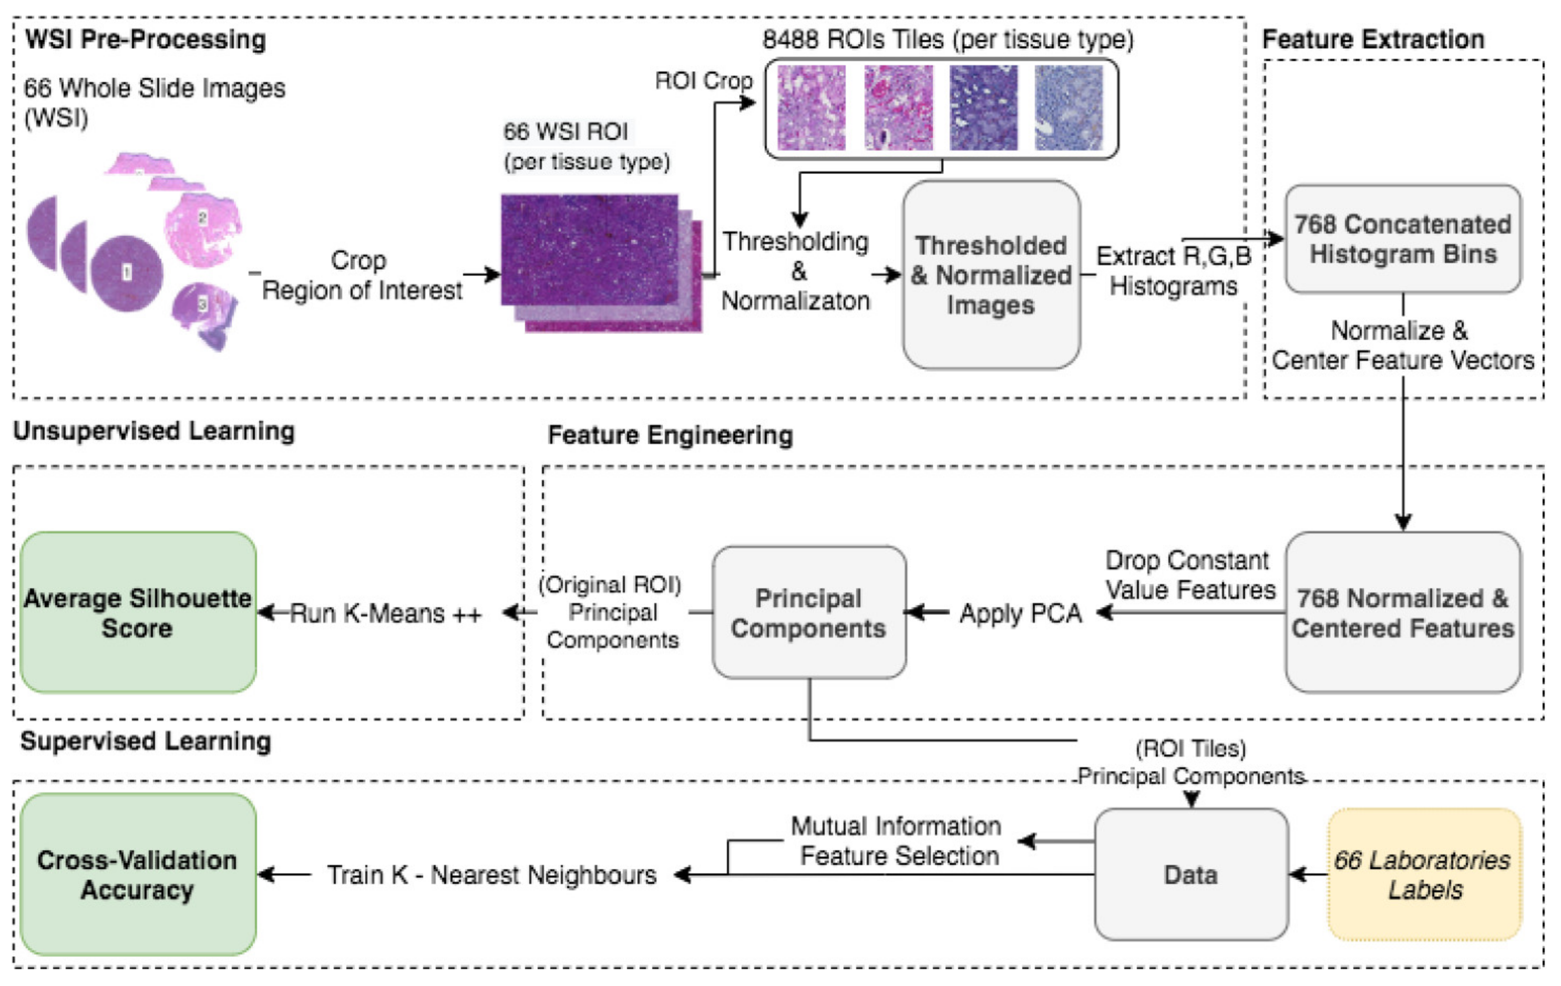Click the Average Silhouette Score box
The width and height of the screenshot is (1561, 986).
click(138, 612)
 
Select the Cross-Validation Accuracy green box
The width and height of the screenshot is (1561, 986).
click(138, 874)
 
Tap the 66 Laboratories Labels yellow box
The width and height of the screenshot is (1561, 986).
click(1424, 874)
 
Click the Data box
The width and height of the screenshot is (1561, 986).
click(1190, 874)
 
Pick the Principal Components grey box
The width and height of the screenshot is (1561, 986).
click(808, 612)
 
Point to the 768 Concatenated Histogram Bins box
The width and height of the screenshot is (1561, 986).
click(1402, 239)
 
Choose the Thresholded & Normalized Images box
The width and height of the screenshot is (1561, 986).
click(991, 275)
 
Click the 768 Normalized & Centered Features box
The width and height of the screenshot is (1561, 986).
click(1402, 612)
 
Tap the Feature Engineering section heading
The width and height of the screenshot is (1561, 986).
click(670, 434)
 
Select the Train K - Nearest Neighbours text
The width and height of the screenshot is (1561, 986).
click(491, 875)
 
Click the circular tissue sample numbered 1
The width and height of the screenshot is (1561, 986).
click(127, 273)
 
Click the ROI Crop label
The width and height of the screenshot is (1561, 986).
click(703, 80)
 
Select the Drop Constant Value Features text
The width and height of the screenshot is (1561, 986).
click(1189, 575)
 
